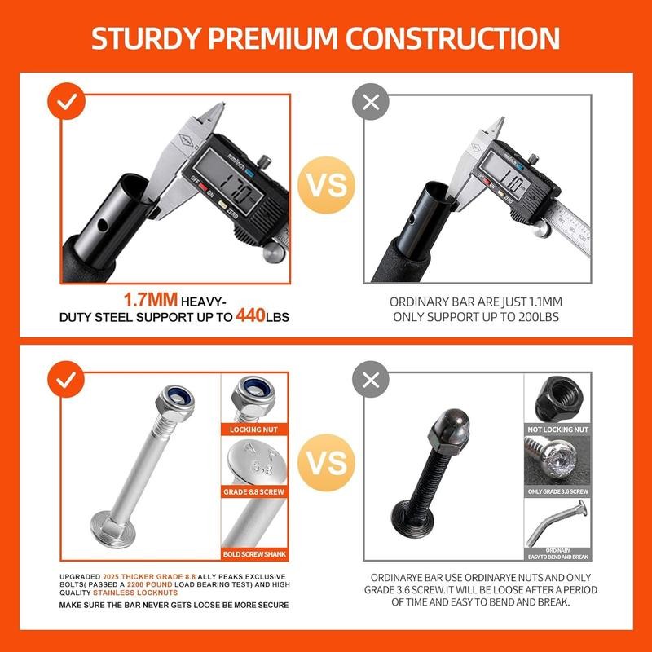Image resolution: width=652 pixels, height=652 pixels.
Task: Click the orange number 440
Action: (250, 315)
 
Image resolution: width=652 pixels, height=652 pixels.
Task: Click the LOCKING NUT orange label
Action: (255, 429)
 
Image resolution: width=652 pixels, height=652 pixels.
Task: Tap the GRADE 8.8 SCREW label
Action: (255, 492)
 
